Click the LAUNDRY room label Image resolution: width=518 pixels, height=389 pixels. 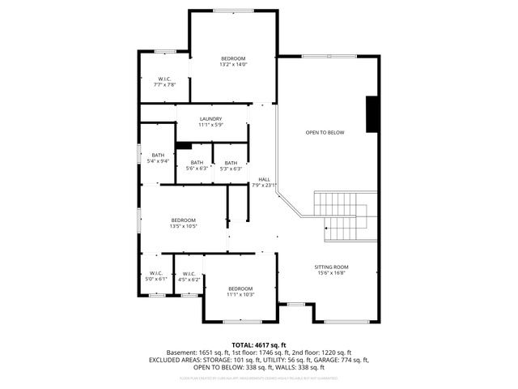pos(211,119)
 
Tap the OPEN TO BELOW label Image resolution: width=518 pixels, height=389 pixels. pos(325,132)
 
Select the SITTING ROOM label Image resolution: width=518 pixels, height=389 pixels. pos(331,267)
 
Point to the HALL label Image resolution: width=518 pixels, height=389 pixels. pos(264,179)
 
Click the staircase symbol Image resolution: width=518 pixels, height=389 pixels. pos(346,216)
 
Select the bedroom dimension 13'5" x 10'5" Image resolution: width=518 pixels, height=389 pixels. pos(183,227)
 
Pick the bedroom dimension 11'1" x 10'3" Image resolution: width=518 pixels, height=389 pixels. pos(240,295)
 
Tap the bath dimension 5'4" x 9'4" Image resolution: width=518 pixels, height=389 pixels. pos(157,161)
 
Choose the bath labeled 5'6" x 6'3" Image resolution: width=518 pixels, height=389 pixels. pos(197,169)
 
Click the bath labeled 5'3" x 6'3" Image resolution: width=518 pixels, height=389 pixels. pos(231,169)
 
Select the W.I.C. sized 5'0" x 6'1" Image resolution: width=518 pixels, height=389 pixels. pos(156,279)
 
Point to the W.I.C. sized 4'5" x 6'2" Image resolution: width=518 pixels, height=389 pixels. pos(189,279)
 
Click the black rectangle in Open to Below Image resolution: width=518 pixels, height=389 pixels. pos(372,114)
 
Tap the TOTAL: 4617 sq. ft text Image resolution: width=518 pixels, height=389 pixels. pos(258,345)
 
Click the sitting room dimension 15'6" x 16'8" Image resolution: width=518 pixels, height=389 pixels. pos(331,273)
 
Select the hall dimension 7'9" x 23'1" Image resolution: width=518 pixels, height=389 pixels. pos(264,186)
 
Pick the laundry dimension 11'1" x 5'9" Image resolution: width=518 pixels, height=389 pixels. pos(211,126)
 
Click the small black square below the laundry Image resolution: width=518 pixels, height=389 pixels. pos(184,146)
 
